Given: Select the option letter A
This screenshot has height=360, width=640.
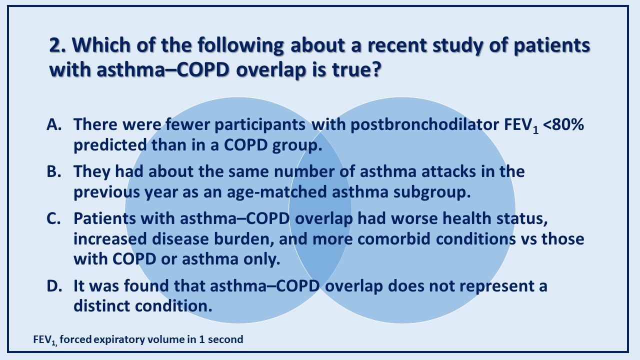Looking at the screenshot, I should [x=53, y=125].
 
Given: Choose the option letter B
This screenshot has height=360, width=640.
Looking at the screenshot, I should [x=53, y=171].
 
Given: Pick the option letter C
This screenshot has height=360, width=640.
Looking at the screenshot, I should [x=53, y=219].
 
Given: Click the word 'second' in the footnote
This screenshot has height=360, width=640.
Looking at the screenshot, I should [x=227, y=339].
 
